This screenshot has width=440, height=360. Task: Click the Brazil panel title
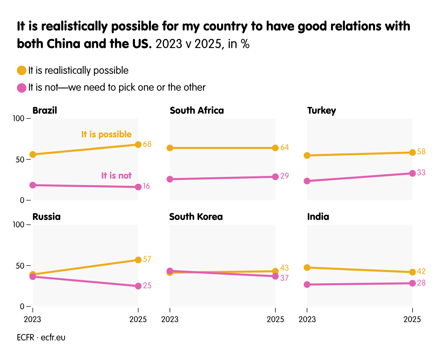(45, 111)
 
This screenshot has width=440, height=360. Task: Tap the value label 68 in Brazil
(147, 144)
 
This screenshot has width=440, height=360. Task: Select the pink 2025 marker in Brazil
(138, 187)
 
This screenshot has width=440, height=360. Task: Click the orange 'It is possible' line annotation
(106, 134)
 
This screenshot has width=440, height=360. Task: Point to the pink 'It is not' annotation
(116, 176)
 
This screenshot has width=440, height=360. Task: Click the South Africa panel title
(197, 111)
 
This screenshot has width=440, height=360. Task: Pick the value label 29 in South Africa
(284, 176)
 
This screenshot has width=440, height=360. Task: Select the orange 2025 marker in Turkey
(412, 153)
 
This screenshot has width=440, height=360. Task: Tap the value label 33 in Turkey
(421, 173)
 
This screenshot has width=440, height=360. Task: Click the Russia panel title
(46, 217)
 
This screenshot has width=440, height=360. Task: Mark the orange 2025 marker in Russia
(138, 260)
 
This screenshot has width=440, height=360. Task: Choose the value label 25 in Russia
(147, 286)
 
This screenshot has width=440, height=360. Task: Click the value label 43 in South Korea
(284, 268)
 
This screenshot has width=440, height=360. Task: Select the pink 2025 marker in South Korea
(275, 276)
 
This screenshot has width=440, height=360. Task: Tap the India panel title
(318, 217)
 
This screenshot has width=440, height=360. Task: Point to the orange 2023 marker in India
(307, 268)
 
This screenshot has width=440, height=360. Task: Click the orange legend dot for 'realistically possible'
(22, 71)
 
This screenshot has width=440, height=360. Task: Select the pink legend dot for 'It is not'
(22, 88)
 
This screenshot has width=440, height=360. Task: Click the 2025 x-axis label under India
(412, 319)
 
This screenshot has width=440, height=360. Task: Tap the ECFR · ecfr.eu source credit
(41, 338)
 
